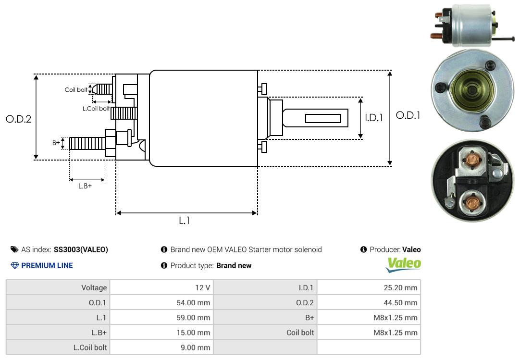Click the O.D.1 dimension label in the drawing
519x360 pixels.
(x=408, y=115)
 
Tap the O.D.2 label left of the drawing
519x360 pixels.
(x=18, y=119)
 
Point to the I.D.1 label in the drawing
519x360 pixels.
(x=373, y=117)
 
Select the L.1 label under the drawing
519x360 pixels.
(x=185, y=221)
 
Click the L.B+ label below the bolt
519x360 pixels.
(x=85, y=186)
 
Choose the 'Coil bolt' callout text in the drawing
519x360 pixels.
(x=76, y=90)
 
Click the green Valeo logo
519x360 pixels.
(x=404, y=264)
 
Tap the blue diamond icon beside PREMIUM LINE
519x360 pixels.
(x=14, y=265)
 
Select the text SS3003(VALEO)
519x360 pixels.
(x=81, y=249)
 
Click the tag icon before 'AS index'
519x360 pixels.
(x=14, y=249)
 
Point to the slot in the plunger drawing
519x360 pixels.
(x=323, y=118)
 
